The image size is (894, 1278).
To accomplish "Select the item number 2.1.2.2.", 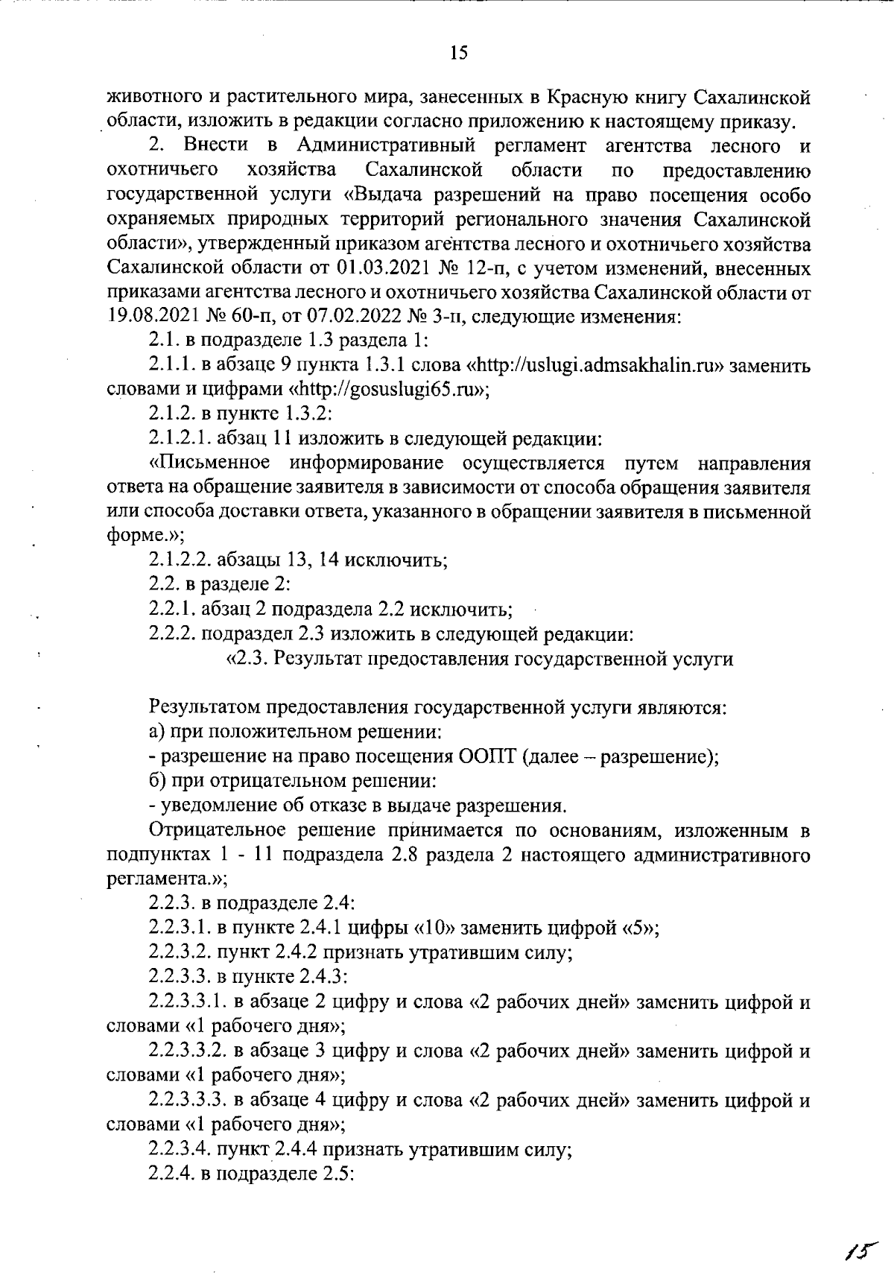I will (x=182, y=560).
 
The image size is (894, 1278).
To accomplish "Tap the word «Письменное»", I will (x=209, y=463).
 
